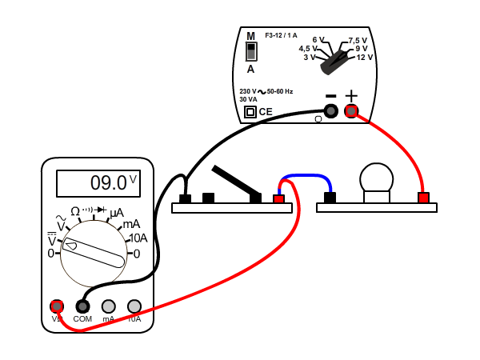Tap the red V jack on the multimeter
(x=57, y=306)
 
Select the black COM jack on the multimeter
(x=82, y=306)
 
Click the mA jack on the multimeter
(x=108, y=306)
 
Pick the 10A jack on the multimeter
(x=134, y=306)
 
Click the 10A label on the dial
(x=138, y=238)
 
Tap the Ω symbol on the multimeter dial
(x=75, y=211)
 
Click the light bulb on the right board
(x=376, y=180)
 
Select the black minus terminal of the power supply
(x=330, y=111)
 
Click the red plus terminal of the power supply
(x=351, y=111)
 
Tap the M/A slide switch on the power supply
(x=250, y=52)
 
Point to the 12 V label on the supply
(x=365, y=57)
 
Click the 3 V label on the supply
(x=310, y=57)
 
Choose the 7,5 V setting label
(x=358, y=40)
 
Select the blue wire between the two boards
(x=305, y=176)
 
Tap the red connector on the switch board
(x=279, y=198)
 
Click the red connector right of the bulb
(x=423, y=198)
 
